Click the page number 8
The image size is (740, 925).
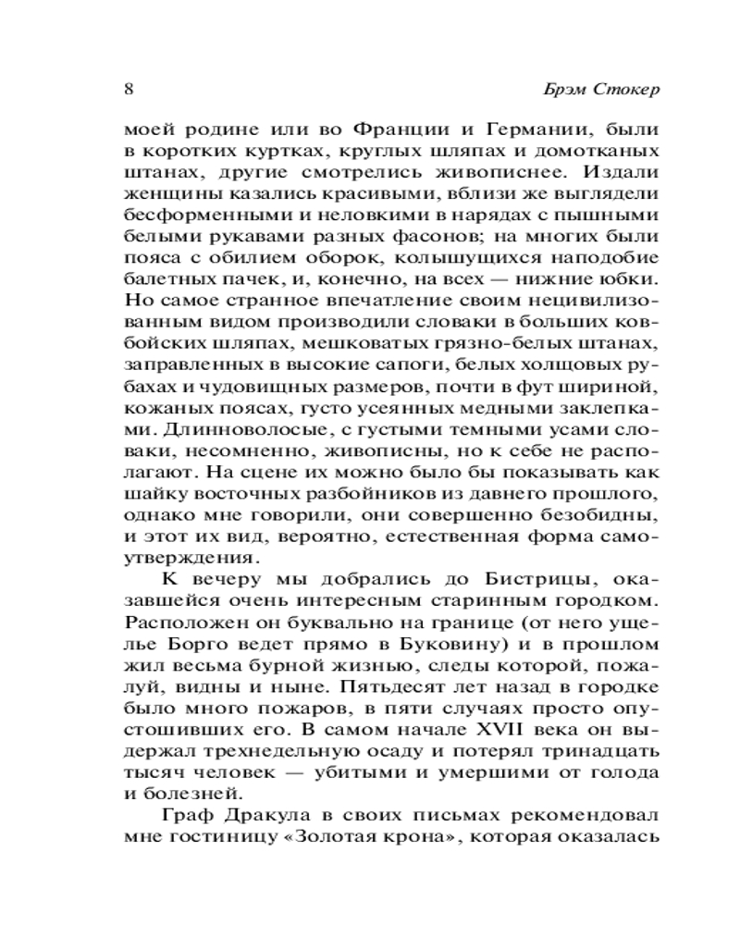tap(129, 91)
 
